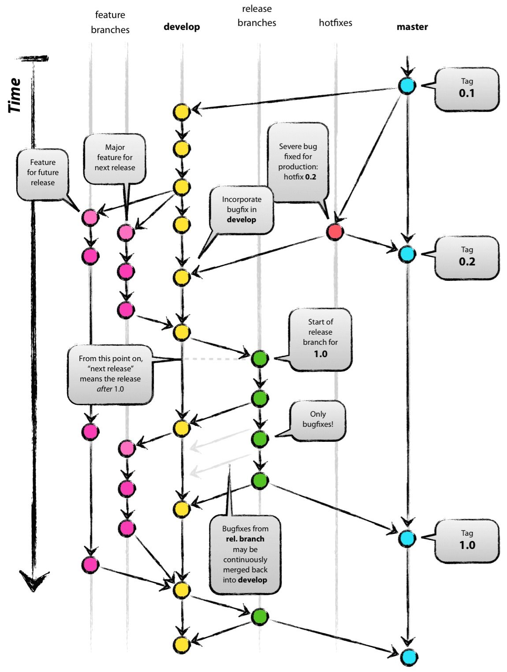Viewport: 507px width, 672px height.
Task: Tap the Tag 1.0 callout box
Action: (466, 541)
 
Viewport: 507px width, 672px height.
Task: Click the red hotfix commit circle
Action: (335, 231)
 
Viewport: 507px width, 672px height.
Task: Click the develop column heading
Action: (182, 27)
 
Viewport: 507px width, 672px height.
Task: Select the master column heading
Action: (412, 27)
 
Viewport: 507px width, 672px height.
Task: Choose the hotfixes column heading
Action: (335, 23)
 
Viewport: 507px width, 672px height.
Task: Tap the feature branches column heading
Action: (110, 22)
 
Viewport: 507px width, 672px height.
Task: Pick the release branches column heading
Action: (257, 16)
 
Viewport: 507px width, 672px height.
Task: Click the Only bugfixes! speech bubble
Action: (317, 419)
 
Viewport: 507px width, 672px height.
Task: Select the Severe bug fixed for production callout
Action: (298, 162)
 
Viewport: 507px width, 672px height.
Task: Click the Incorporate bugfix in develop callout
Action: (241, 209)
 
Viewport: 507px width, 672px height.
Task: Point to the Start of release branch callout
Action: (320, 338)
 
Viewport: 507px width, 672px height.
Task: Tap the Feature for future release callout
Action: (43, 173)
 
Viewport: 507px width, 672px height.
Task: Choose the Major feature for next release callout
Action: (115, 158)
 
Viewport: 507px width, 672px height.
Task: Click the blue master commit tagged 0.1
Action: (406, 86)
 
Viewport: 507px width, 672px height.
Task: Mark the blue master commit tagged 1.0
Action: (406, 538)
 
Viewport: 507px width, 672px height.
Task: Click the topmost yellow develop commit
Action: (181, 112)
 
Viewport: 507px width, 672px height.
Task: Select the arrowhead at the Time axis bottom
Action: (34, 580)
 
